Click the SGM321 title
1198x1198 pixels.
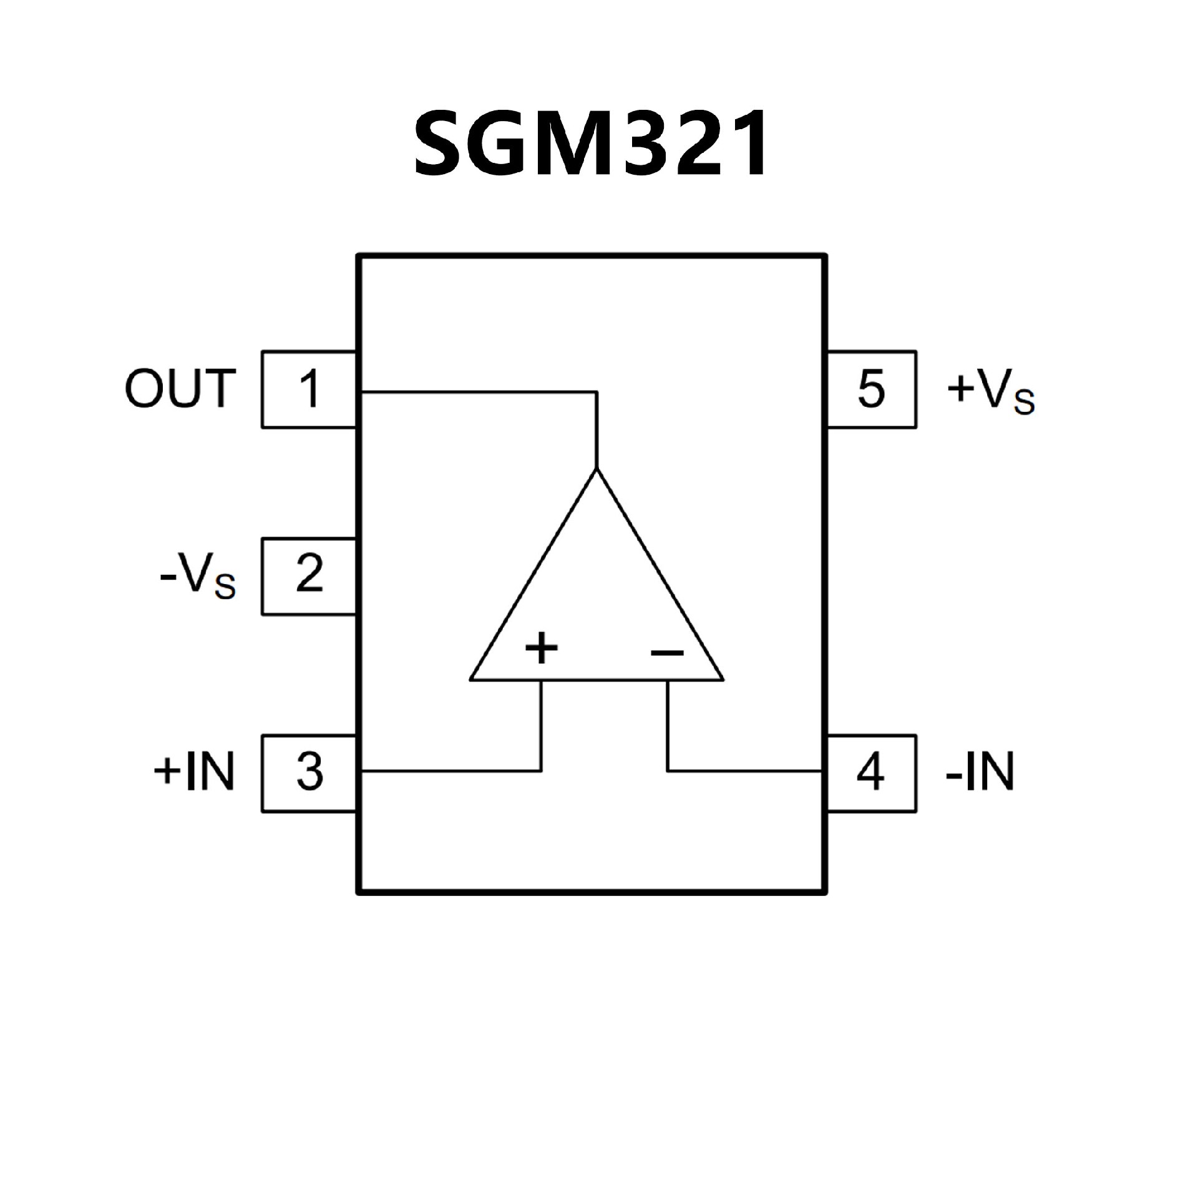[x=590, y=144]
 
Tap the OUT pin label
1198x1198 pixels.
[x=181, y=389]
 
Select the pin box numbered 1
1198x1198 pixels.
[x=309, y=389]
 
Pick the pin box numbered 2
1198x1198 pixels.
[x=309, y=577]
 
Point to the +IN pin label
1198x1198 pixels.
[x=194, y=772]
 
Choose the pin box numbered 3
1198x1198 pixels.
[x=309, y=773]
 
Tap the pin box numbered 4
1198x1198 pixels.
[x=872, y=773]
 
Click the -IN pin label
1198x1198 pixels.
[x=980, y=772]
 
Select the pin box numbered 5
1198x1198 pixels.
[x=872, y=389]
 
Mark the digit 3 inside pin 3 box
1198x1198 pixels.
[x=309, y=772]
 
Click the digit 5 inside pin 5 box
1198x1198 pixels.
[x=871, y=389]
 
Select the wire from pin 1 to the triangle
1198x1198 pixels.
[x=480, y=392]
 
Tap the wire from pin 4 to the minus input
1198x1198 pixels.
[x=743, y=772]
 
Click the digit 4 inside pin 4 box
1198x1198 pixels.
[x=870, y=772]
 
